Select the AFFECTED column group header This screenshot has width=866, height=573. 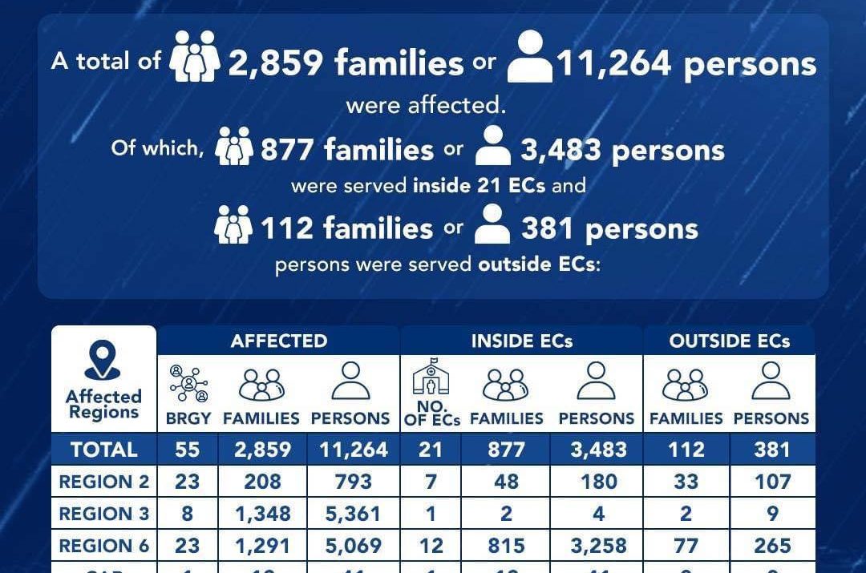click(278, 341)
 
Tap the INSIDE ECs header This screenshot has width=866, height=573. click(521, 341)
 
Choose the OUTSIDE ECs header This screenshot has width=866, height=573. click(729, 341)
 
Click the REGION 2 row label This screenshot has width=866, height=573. click(104, 482)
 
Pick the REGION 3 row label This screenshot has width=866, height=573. click(104, 514)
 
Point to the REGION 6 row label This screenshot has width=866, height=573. click(104, 547)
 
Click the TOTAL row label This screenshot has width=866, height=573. click(104, 450)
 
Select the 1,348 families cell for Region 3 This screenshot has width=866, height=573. click(263, 514)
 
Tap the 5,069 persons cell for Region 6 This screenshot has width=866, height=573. click(354, 547)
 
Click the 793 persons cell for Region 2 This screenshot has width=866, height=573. click(354, 482)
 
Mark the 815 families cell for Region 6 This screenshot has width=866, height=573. click(507, 547)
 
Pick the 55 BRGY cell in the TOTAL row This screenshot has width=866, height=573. click(187, 450)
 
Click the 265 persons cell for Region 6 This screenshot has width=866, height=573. click(771, 547)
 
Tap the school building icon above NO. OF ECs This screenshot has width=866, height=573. click(431, 377)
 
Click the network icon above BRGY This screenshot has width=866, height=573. click(188, 383)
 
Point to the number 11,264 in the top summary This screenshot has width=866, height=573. click(613, 63)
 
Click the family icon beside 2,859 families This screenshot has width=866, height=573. click(195, 57)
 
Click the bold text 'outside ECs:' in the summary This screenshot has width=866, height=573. click(539, 264)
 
